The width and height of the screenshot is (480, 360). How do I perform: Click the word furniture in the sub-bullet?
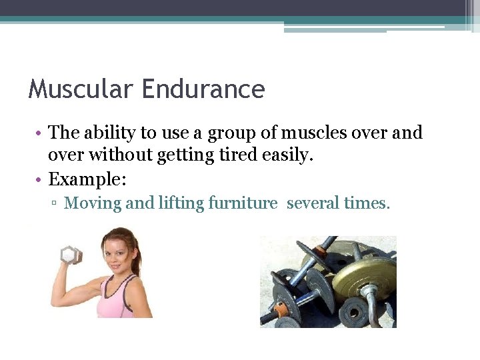243,203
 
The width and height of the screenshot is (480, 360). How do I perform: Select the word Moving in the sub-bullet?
93,203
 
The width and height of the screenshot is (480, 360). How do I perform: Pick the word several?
311,203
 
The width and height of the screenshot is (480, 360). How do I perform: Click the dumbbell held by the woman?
71,255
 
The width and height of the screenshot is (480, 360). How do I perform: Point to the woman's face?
117,253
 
